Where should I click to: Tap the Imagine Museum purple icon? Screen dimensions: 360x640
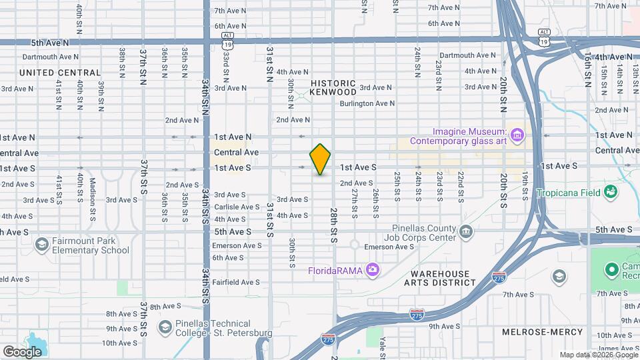point(517,136)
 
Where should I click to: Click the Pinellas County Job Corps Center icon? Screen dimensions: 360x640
point(465,231)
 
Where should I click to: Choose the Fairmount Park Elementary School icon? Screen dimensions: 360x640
point(42,245)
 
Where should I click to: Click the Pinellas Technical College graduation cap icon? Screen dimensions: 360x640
point(165,327)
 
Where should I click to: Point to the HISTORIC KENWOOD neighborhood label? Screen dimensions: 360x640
point(333,87)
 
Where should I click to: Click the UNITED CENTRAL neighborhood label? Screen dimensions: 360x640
point(60,73)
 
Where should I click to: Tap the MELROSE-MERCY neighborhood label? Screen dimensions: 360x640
point(543,331)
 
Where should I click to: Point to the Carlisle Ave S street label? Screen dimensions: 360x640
point(236,207)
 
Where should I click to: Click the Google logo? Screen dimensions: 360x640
point(22,351)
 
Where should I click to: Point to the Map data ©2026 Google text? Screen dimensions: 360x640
point(598,355)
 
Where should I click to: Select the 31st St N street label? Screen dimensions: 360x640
point(270,64)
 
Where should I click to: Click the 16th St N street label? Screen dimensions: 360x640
point(587,71)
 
